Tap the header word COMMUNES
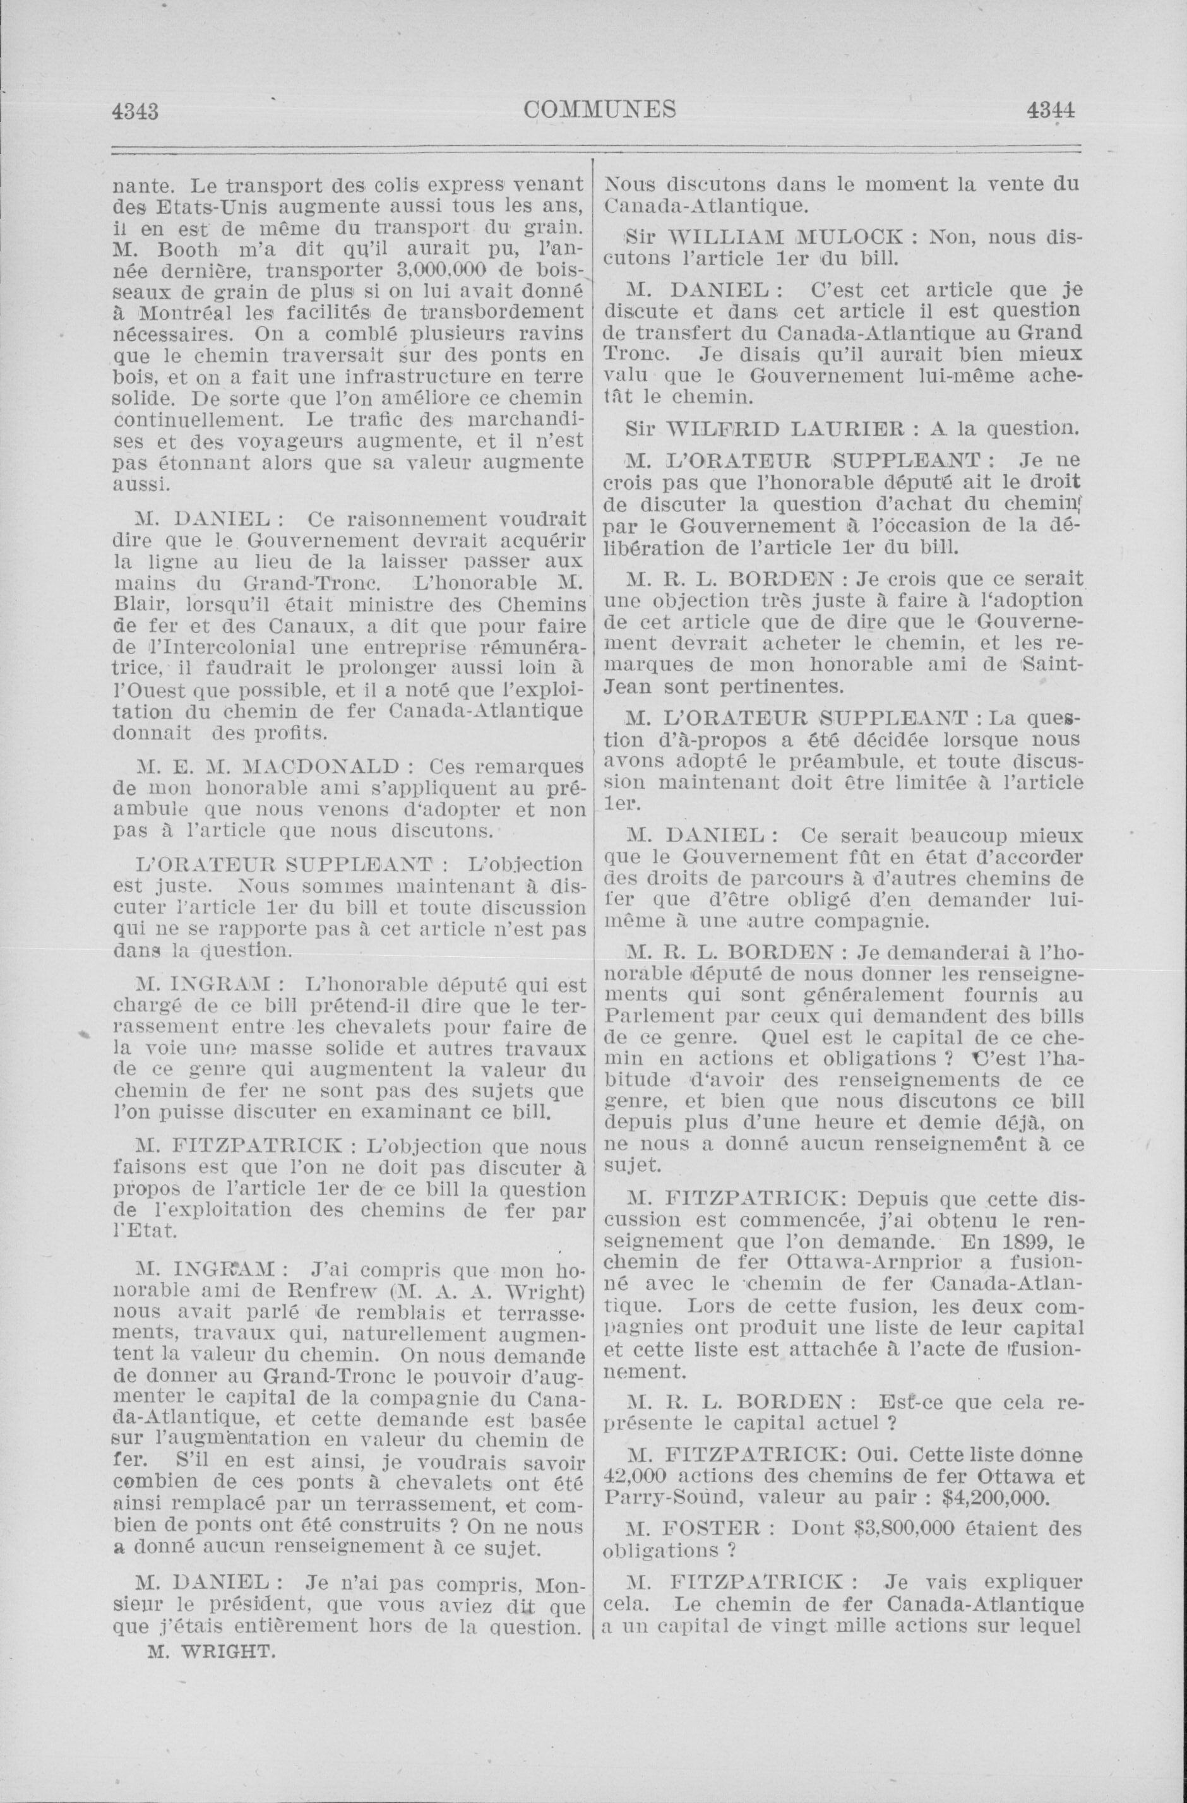click(x=599, y=110)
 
